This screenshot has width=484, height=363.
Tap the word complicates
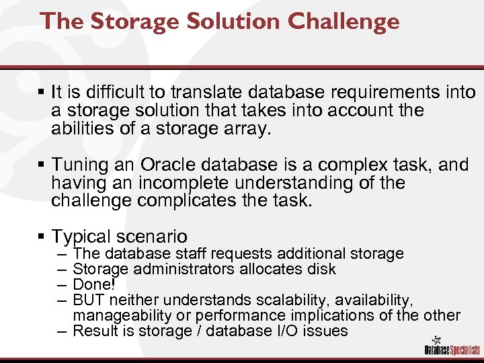pyautogui.click(x=188, y=201)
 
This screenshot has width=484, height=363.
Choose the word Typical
pyautogui.click(x=82, y=237)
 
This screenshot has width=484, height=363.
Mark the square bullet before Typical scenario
pyautogui.click(x=42, y=237)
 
